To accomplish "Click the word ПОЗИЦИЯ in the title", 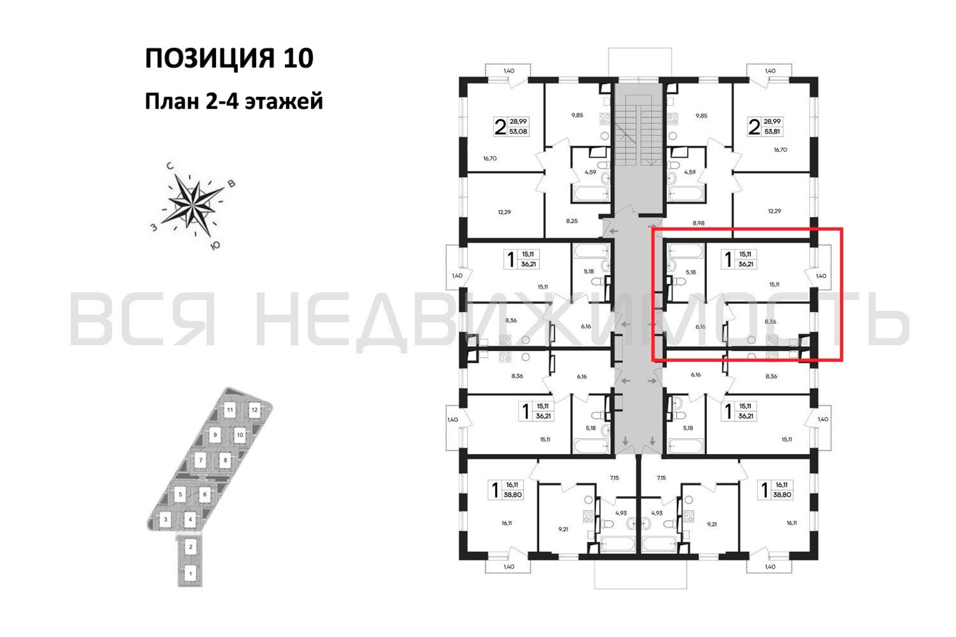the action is point(210,58).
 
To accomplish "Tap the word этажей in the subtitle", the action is point(284,101).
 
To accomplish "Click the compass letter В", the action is point(231,184).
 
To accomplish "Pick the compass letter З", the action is point(154,227).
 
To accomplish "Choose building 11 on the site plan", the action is point(230,410).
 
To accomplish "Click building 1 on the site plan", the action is point(190,574).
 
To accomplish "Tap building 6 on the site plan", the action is point(205,494).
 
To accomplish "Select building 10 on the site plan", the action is point(240,435).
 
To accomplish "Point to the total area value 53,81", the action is point(772,132).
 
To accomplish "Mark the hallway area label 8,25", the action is point(572,221).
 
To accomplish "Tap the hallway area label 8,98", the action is point(698,223).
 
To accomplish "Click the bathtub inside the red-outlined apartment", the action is point(686,251).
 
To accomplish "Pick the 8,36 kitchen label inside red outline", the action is point(770,321).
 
